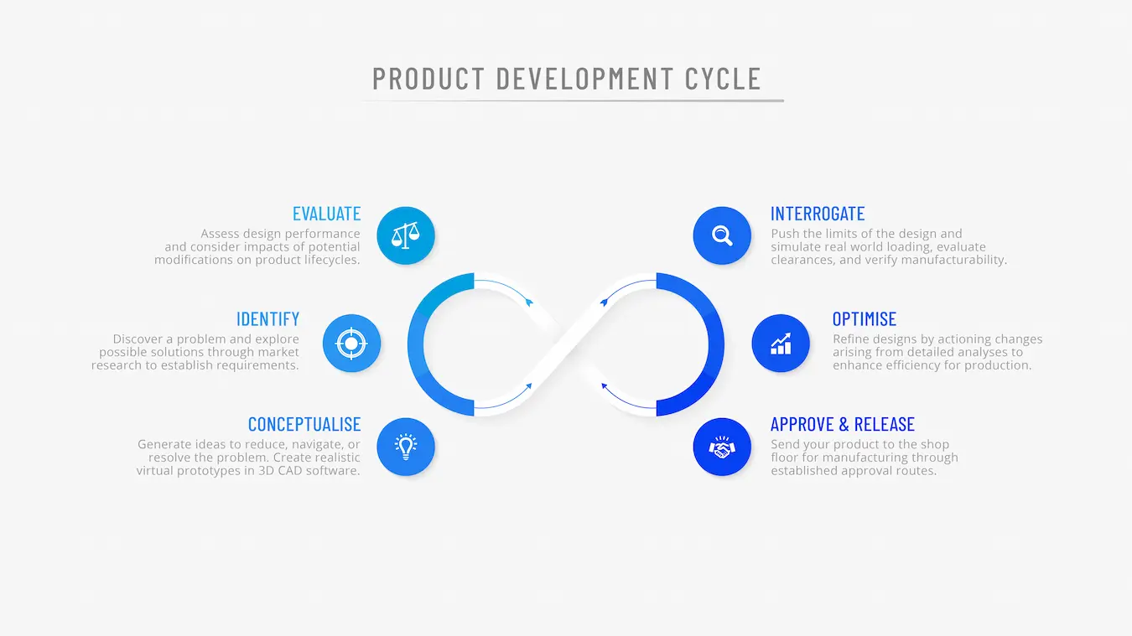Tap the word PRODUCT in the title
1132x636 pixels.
tap(428, 79)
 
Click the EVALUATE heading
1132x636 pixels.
tap(326, 214)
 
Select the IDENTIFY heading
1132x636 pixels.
tap(267, 319)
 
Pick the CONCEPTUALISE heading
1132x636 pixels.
tap(304, 425)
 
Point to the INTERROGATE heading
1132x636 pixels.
tap(818, 214)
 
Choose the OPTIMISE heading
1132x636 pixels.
tap(865, 319)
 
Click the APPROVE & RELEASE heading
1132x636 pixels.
tap(843, 425)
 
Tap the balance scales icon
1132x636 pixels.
tap(406, 235)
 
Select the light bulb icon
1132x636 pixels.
tap(406, 447)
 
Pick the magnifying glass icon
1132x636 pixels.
tap(722, 235)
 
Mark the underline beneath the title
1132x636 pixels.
tap(573, 101)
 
